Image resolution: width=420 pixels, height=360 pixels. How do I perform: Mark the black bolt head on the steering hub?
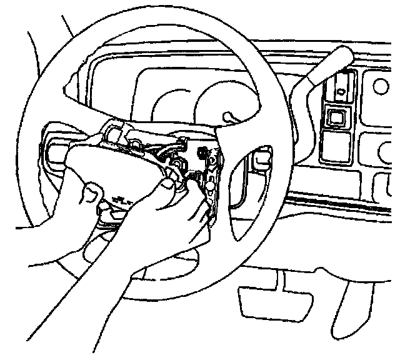[x=204, y=152]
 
